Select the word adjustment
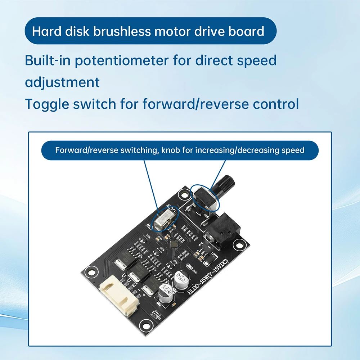(62, 82)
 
